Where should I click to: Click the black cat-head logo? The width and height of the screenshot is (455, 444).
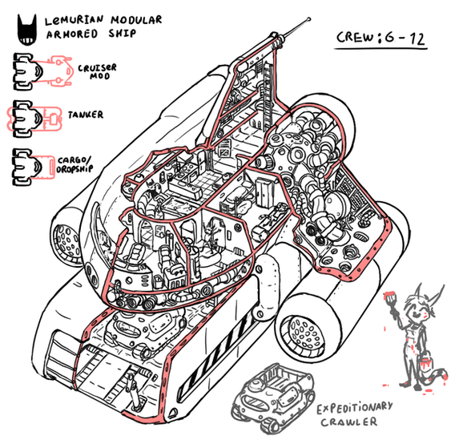[x=27, y=30]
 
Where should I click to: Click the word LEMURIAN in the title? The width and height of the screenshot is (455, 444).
[x=74, y=21]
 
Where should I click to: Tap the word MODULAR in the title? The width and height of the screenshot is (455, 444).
[x=136, y=20]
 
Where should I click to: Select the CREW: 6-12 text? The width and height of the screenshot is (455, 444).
[x=381, y=38]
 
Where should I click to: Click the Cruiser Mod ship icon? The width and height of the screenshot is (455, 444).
[x=42, y=71]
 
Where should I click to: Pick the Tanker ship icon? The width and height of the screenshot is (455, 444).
[x=34, y=119]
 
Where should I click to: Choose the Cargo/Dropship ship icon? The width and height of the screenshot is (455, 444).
[x=34, y=167]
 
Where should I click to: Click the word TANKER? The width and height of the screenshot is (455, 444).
[x=86, y=115]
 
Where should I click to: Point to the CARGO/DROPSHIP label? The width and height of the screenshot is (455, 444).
[x=74, y=164]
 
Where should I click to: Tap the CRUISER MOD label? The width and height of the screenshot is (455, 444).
[x=97, y=71]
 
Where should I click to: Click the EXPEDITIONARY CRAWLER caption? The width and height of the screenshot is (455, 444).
[x=354, y=414]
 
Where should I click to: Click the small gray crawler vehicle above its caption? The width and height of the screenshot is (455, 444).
[x=273, y=398]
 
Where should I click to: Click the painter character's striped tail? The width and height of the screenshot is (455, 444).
[x=438, y=377]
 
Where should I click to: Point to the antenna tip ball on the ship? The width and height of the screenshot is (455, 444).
[x=308, y=20]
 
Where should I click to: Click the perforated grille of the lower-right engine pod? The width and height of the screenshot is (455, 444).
[x=304, y=336]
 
